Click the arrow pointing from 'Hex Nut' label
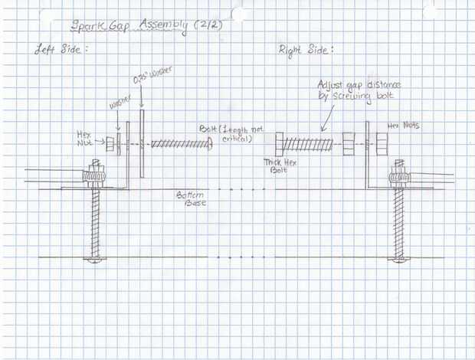pos(100,142)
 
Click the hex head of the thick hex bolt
pos(280,143)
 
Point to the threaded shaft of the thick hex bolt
pos(311,143)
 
